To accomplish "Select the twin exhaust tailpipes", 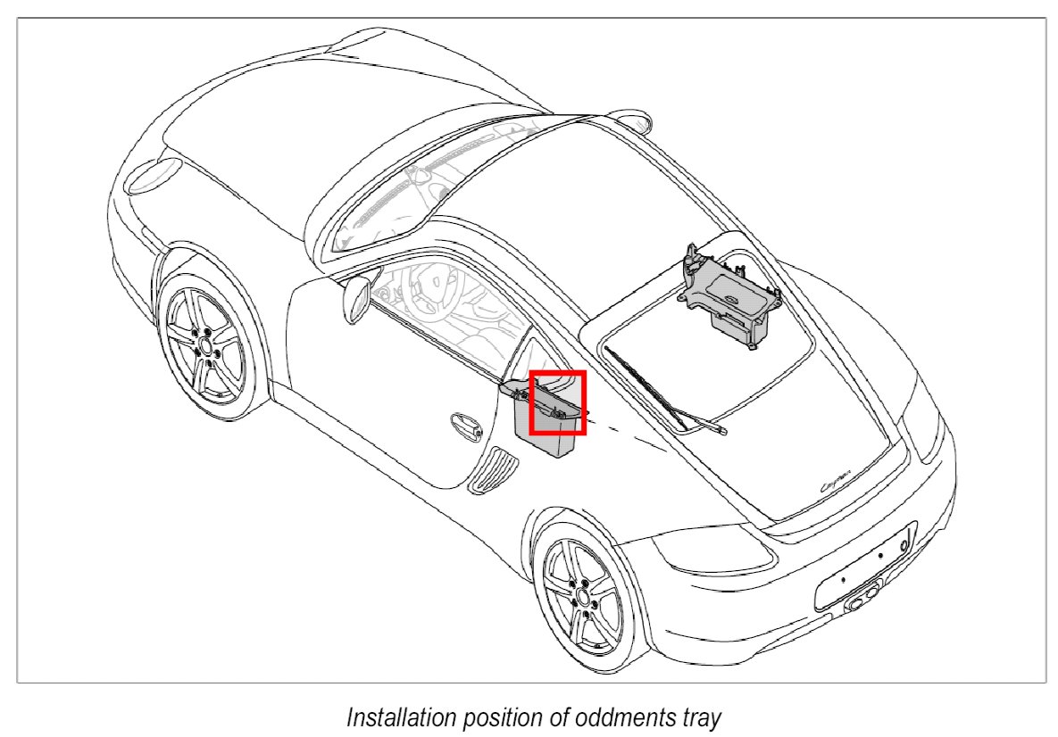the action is (x=862, y=599).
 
